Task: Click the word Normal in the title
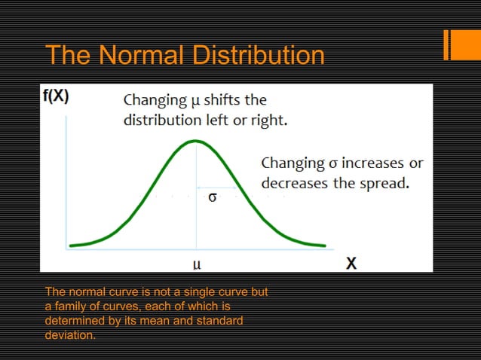(145, 55)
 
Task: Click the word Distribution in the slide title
(260, 55)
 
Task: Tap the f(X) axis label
(54, 97)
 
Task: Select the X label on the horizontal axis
(351, 264)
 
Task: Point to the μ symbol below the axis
(196, 264)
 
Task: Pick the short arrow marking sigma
(207, 187)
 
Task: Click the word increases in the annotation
(363, 163)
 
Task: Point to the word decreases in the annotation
(292, 182)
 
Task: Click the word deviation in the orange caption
(70, 335)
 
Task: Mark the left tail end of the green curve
(70, 246)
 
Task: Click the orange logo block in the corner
(458, 44)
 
